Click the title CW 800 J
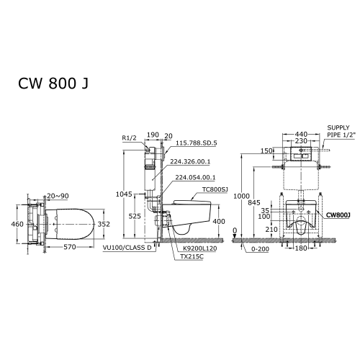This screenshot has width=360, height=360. point(53,84)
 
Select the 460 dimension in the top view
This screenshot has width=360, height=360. point(17,224)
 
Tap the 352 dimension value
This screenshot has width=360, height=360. point(104,224)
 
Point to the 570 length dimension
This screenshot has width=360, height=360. point(70,247)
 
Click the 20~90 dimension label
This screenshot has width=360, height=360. point(58,196)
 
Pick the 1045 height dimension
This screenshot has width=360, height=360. point(124,194)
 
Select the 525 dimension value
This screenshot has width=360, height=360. point(135,216)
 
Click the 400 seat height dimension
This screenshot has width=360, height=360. point(219,221)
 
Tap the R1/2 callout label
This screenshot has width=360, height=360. point(129,138)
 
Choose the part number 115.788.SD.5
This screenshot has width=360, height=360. point(197,143)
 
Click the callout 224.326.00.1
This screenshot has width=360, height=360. point(190,161)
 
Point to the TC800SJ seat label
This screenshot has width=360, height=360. point(215,189)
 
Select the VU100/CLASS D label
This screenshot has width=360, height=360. point(127,248)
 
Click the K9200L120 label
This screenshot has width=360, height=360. point(199,248)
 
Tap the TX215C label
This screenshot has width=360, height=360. point(192,256)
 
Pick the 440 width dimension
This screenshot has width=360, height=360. point(301,134)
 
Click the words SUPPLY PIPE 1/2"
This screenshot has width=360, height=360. point(341,131)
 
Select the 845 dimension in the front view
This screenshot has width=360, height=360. point(254,203)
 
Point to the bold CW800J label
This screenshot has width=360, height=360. point(338,215)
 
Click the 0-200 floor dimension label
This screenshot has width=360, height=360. point(260,249)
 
